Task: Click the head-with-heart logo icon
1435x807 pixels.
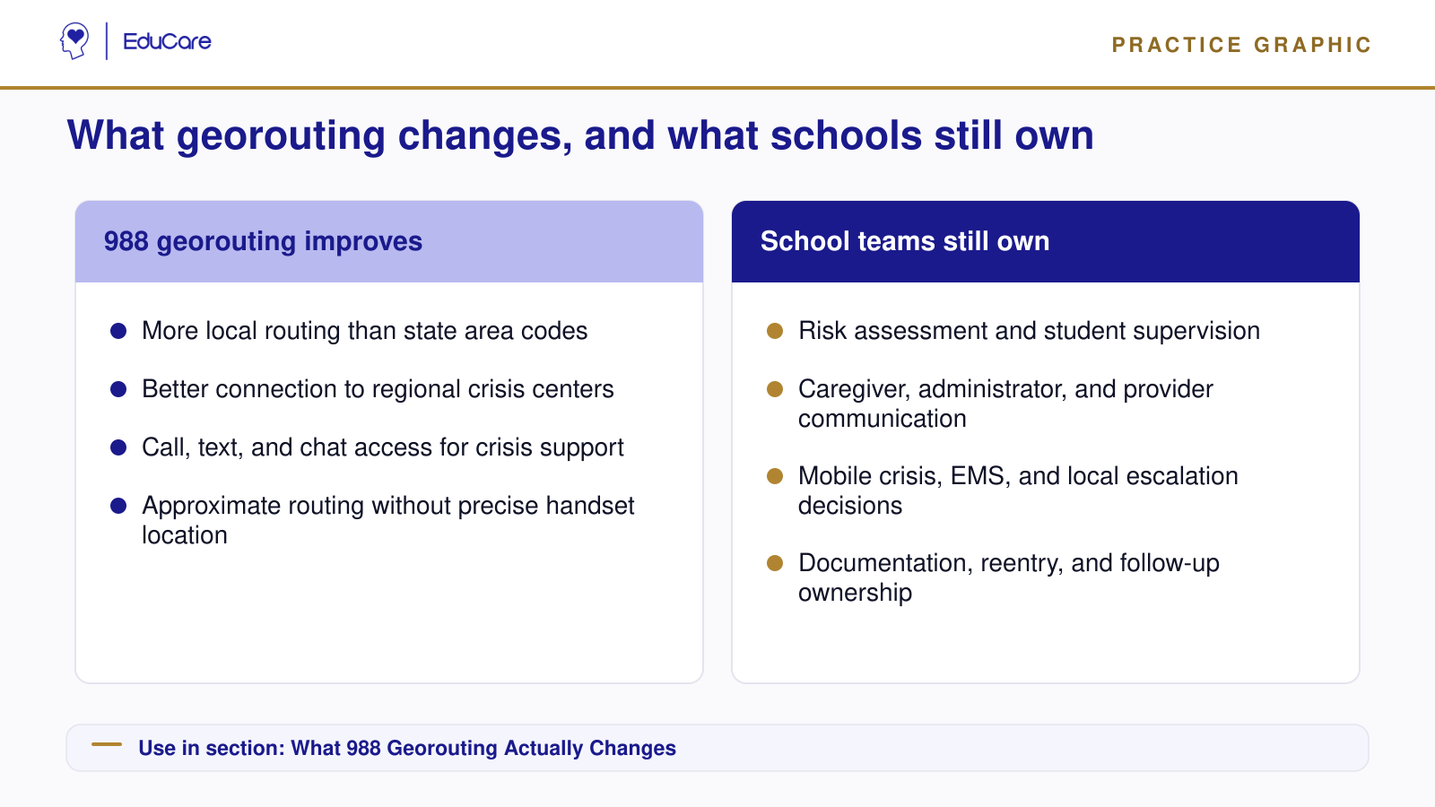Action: coord(74,41)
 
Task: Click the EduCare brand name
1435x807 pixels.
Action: coord(167,41)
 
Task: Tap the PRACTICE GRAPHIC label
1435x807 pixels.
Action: coord(1241,45)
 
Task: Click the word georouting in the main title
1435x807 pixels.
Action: coord(281,135)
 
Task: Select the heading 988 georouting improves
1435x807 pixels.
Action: coord(263,241)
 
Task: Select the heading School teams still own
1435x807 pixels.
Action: coord(905,241)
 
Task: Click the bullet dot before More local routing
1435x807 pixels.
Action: coord(118,331)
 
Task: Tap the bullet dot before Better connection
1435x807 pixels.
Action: coord(118,389)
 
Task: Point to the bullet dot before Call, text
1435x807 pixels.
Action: coord(118,447)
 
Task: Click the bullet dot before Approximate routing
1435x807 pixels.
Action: coord(118,506)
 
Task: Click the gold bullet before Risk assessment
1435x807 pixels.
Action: coord(775,331)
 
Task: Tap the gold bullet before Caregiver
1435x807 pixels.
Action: coord(775,389)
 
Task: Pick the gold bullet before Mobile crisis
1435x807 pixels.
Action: coord(775,476)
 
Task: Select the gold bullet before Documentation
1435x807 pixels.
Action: coord(775,564)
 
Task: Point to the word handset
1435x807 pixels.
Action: coord(589,506)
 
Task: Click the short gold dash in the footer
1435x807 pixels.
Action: coord(107,744)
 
